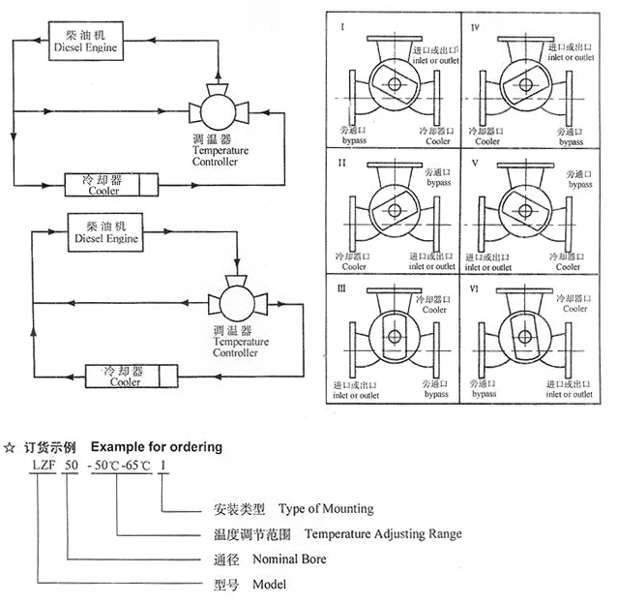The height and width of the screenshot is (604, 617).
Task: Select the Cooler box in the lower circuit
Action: point(123,376)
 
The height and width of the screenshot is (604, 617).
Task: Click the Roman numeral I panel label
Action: point(341,28)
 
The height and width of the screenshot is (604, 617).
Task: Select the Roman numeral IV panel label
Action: point(476,28)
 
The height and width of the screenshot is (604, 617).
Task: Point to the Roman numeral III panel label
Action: point(342,288)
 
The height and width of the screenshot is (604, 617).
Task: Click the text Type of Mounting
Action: point(325,508)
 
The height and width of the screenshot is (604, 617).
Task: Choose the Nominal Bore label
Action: point(289,559)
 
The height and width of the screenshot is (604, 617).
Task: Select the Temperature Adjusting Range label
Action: point(383,533)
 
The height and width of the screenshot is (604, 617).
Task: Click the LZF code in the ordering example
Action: point(40,466)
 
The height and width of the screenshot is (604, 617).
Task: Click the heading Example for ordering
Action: point(156,447)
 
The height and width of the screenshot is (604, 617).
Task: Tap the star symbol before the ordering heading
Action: point(9,447)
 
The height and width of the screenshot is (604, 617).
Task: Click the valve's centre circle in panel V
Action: point(524,204)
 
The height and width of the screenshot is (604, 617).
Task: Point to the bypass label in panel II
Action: point(438,182)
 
